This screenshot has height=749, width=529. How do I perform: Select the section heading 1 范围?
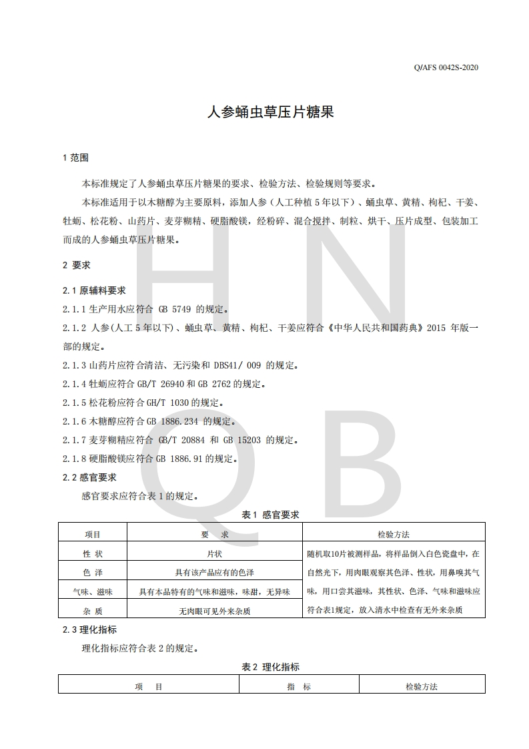(x=75, y=158)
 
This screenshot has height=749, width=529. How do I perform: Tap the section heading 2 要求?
(x=76, y=265)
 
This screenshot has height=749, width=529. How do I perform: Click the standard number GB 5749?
(x=175, y=310)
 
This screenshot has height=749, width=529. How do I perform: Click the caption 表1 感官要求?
(x=270, y=515)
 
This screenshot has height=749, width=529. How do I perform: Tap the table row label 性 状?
(x=92, y=553)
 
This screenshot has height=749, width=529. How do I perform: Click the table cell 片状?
(x=214, y=553)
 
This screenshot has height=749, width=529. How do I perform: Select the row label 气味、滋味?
(x=92, y=591)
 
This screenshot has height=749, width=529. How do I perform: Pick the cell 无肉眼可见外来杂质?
(x=214, y=610)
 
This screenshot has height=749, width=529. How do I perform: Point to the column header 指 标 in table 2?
(x=299, y=686)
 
